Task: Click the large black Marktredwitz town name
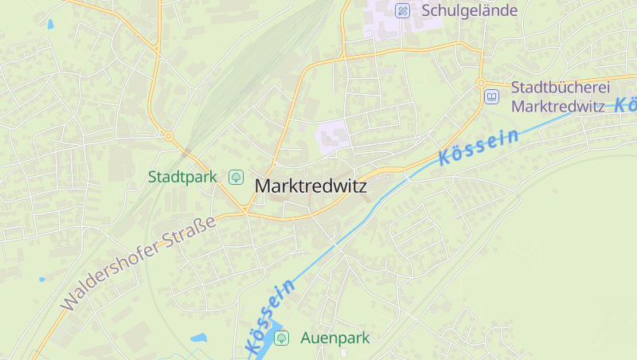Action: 311,186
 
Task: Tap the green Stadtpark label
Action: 182,177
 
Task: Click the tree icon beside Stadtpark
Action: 236,177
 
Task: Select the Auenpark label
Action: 334,338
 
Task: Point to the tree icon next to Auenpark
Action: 281,338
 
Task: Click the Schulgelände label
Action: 469,11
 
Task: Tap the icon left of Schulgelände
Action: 403,11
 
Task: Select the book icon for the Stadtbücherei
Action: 491,97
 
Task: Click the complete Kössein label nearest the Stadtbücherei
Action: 478,148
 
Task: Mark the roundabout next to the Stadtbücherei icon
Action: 481,83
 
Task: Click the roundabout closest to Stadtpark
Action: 169,136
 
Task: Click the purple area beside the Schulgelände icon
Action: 382,20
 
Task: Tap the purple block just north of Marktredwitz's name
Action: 334,136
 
